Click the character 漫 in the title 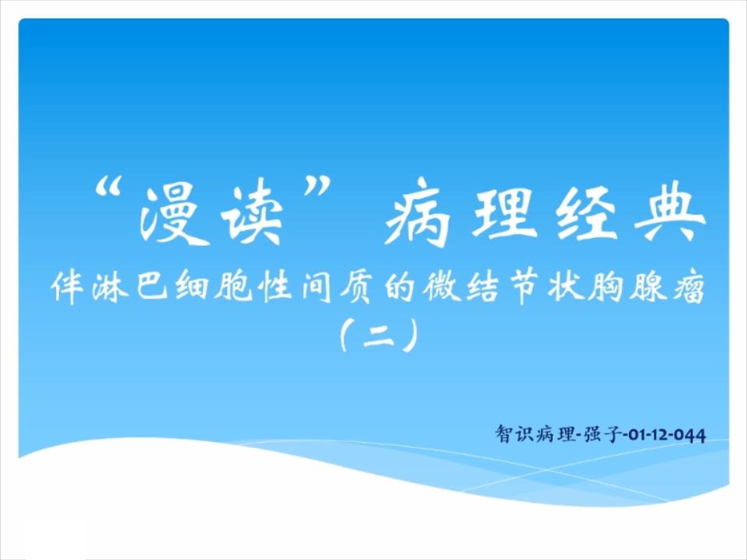[173, 214]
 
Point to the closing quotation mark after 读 [318, 187]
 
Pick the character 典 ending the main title [672, 212]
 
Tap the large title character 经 [588, 212]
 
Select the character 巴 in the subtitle [152, 287]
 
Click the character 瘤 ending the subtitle [689, 287]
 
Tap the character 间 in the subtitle [316, 287]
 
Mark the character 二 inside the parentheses [379, 337]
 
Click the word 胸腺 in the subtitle [627, 287]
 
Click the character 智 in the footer [504, 434]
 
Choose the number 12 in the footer [659, 435]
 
